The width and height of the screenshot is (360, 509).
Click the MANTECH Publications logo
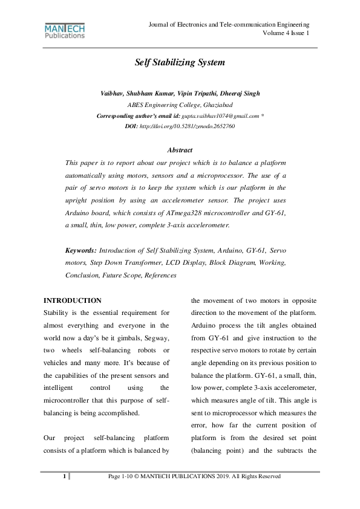coord(65,31)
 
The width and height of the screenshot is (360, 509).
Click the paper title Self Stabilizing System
coord(180,62)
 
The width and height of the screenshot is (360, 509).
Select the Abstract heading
coord(180,150)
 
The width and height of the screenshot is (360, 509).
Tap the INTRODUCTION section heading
coord(73,300)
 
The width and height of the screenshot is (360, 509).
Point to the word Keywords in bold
coord(80,250)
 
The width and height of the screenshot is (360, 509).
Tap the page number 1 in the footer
coord(65,476)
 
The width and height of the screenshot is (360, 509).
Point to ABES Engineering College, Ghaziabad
coord(180,105)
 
